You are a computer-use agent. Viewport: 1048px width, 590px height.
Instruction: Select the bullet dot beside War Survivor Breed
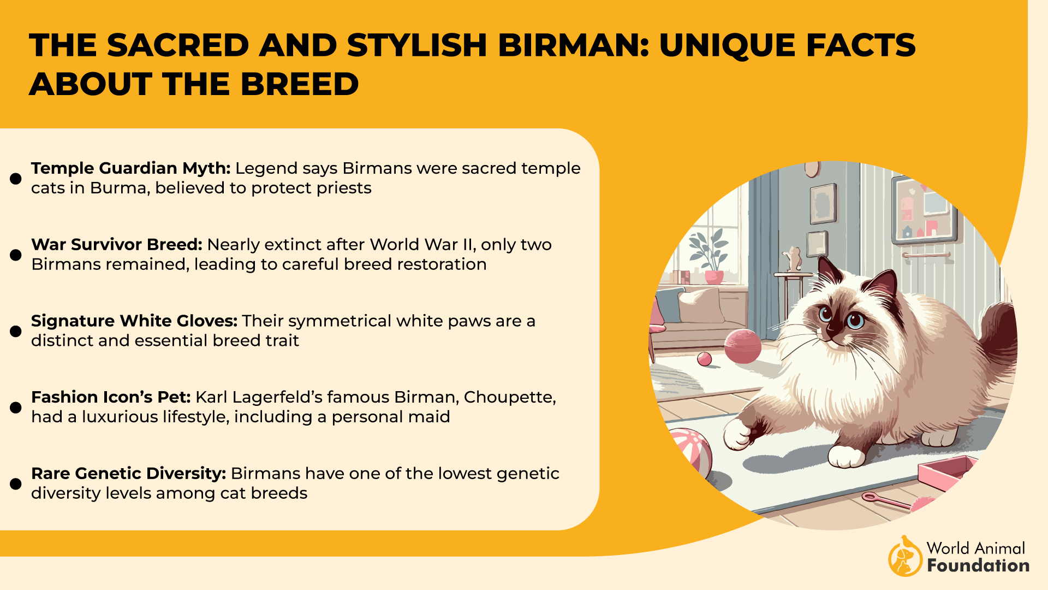(x=16, y=255)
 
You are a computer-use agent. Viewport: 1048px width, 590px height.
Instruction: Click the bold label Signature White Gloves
(x=134, y=321)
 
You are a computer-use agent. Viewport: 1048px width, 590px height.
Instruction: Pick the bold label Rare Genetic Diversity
(x=128, y=474)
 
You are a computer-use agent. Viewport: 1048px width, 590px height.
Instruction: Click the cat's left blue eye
(x=825, y=314)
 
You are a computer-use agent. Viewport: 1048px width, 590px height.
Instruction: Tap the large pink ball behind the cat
(x=742, y=346)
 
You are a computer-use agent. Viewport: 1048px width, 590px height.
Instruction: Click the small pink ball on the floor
(x=705, y=359)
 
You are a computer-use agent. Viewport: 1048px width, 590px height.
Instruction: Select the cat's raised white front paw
(x=737, y=434)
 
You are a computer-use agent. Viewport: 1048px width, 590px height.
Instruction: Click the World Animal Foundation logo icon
(x=905, y=556)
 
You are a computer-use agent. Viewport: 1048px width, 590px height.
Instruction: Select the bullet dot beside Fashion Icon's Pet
(x=16, y=408)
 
